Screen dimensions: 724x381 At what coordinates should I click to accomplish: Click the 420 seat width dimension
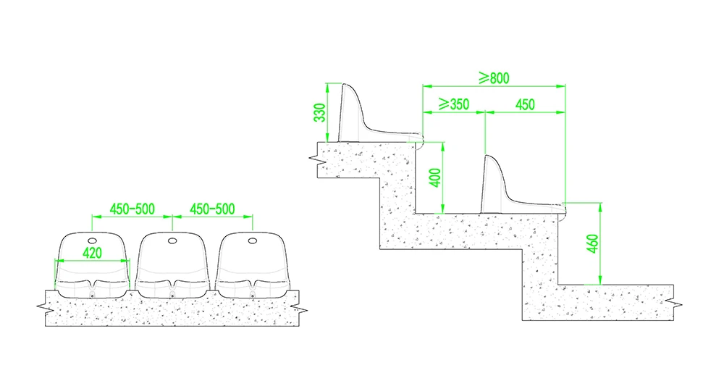(x=92, y=253)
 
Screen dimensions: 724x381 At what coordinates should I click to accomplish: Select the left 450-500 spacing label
(x=132, y=209)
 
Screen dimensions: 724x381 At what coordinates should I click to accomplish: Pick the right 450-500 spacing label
(x=212, y=209)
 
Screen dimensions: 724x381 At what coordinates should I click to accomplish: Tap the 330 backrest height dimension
(x=319, y=113)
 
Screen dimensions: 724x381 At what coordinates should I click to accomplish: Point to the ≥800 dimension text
(x=494, y=78)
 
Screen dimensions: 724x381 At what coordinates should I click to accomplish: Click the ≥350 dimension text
(x=454, y=104)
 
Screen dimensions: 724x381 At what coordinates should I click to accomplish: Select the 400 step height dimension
(x=435, y=177)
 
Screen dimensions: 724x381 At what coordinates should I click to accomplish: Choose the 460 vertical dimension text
(x=593, y=244)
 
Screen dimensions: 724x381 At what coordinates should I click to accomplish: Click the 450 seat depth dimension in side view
(x=525, y=105)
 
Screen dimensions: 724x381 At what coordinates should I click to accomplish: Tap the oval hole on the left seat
(x=93, y=240)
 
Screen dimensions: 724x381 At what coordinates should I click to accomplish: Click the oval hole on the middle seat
(x=172, y=240)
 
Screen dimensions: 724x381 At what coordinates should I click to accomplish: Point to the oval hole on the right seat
(x=252, y=240)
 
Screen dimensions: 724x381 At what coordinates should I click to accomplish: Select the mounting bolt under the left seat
(x=93, y=295)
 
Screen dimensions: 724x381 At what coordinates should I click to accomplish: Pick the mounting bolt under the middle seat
(x=172, y=295)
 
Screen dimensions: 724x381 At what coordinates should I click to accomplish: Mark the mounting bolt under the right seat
(x=252, y=295)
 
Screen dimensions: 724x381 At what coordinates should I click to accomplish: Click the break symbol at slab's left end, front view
(x=41, y=306)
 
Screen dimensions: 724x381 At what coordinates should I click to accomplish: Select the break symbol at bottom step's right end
(x=677, y=303)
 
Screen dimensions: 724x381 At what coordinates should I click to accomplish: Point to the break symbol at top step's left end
(x=314, y=159)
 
